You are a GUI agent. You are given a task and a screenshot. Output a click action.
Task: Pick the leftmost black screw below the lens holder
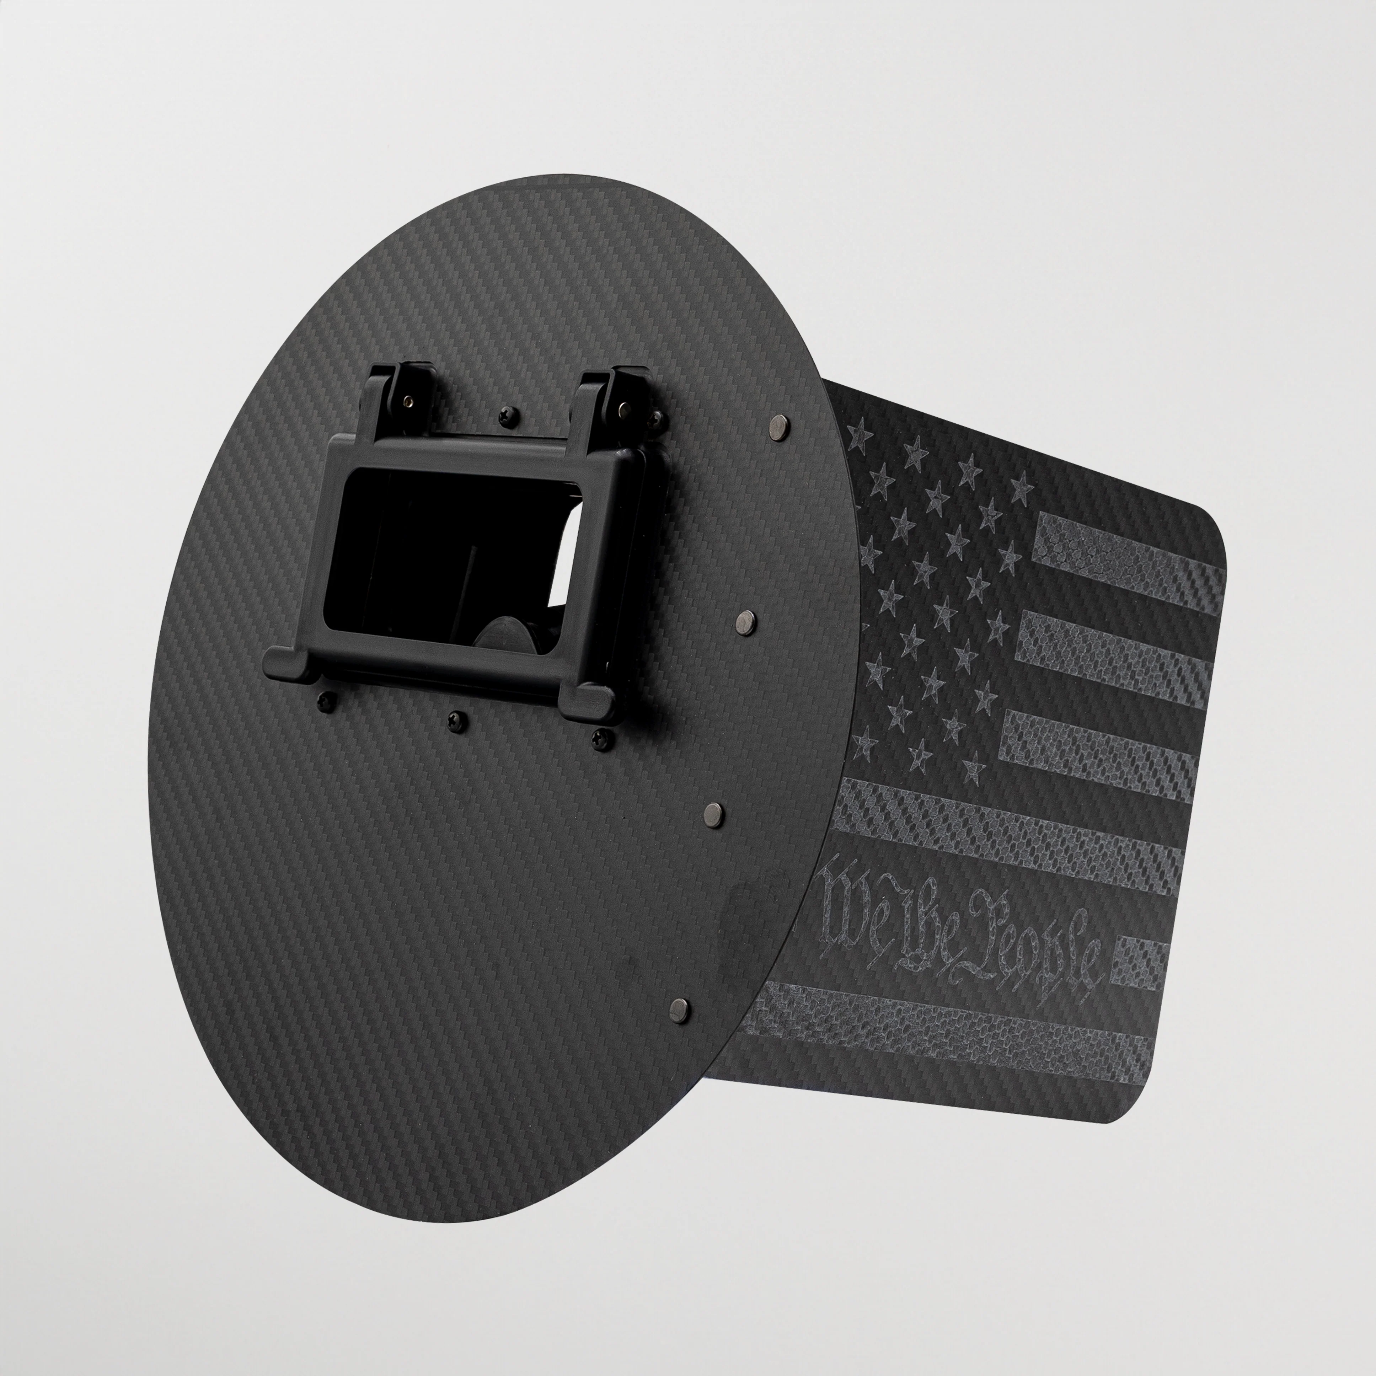coord(326,700)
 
